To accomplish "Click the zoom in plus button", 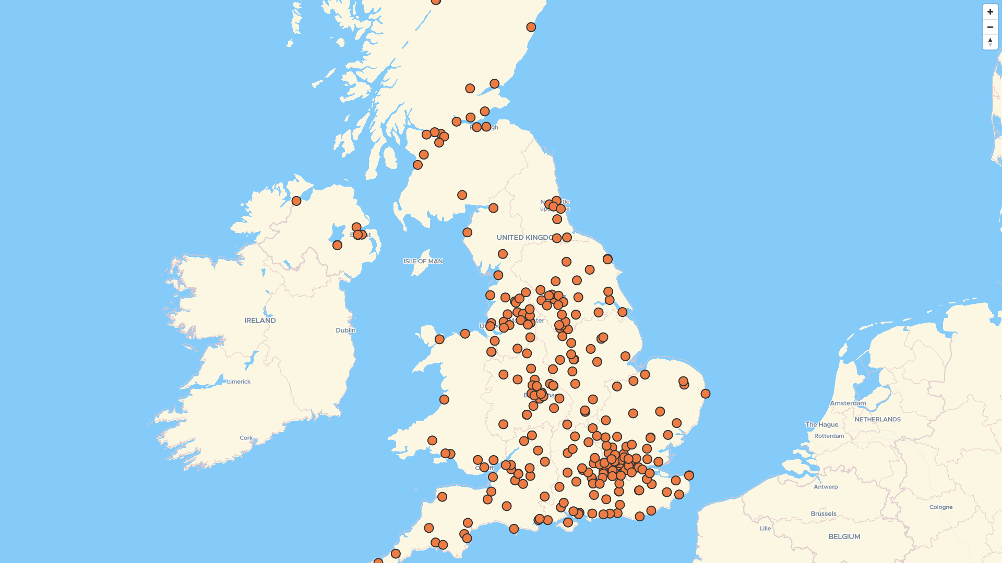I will (x=990, y=12).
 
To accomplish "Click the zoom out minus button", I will (x=990, y=27).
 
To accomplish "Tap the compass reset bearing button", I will (x=990, y=42).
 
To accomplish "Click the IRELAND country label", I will (x=260, y=321).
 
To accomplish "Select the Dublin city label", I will (x=345, y=331).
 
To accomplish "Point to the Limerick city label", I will (x=238, y=382).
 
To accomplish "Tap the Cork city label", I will (x=246, y=438).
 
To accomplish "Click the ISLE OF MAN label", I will (x=423, y=261).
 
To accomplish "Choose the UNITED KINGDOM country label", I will (x=524, y=238).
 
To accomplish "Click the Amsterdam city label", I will (x=848, y=403).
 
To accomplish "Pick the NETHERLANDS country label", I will (x=877, y=419).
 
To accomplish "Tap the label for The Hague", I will (x=821, y=425).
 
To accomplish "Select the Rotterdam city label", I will (x=829, y=436).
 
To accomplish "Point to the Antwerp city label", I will (x=826, y=487).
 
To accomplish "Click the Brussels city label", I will (x=824, y=514).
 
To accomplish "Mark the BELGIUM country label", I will (x=844, y=536).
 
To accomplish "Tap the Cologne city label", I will (x=940, y=507).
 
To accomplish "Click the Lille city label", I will (x=765, y=529).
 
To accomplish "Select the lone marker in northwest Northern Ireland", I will (x=296, y=201).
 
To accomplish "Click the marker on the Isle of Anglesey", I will (x=439, y=339).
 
